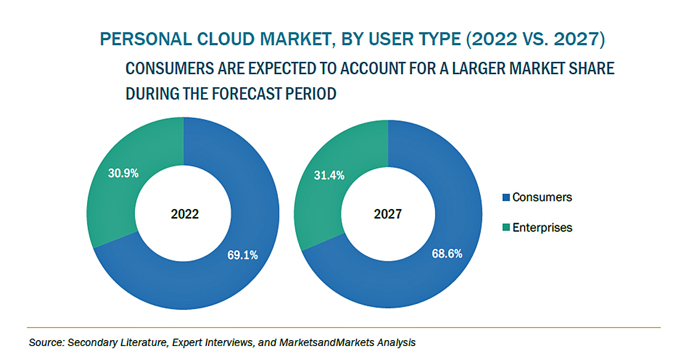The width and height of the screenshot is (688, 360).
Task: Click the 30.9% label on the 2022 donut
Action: point(124,173)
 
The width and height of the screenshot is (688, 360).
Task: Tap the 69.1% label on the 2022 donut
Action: point(242,255)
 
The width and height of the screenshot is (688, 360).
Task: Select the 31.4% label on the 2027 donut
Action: point(329,175)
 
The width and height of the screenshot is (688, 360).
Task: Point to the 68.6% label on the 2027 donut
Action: point(447,254)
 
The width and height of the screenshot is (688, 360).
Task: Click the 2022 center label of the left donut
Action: point(185,214)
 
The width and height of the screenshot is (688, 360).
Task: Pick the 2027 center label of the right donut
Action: point(388,214)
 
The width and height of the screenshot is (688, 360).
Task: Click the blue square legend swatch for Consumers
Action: point(506,198)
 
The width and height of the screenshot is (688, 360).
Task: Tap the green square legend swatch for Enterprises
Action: point(506,228)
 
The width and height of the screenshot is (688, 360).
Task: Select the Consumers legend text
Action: point(542,197)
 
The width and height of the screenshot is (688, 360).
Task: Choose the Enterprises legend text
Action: point(542,227)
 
